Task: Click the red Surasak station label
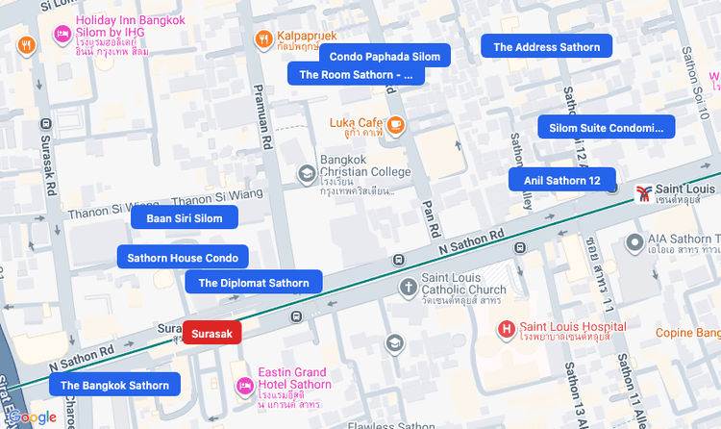click(211, 333)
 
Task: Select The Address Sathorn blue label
click(546, 47)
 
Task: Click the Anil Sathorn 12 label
click(561, 180)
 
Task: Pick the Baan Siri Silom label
click(184, 218)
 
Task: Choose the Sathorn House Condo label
click(183, 258)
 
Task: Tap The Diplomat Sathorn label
click(254, 283)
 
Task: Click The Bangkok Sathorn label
click(114, 386)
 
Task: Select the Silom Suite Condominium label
click(606, 128)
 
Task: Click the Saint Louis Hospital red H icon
click(507, 330)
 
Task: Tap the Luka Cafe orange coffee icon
click(396, 124)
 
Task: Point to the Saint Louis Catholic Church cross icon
click(409, 287)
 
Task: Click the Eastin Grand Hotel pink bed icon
click(245, 386)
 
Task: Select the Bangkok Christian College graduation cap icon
click(307, 174)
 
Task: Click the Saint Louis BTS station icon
click(642, 192)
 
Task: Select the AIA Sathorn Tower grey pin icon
click(634, 241)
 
